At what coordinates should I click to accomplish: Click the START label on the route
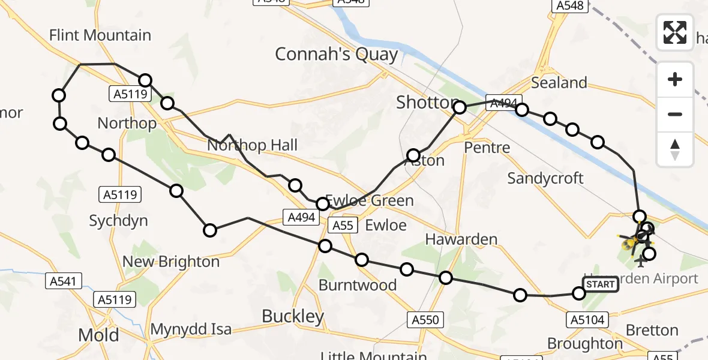coord(600,284)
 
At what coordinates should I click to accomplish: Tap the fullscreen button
coord(675,32)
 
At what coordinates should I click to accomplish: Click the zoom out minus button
coord(675,114)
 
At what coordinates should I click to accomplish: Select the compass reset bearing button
coord(675,149)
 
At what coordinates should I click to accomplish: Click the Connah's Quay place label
coord(336,55)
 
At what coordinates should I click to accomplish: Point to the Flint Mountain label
coord(100,35)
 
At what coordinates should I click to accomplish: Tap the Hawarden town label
coord(461,239)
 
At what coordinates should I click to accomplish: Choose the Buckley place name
coord(293,316)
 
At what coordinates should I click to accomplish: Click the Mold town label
coord(99,335)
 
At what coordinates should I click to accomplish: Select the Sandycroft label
coord(545,178)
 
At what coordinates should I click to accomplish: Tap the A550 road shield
coord(425,320)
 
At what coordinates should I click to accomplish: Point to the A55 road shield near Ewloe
coord(343,225)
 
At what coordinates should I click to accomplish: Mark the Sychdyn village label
coord(118,221)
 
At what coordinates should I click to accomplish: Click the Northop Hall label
coord(252,145)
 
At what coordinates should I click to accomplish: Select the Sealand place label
coord(559,82)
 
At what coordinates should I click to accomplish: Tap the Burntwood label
coord(358,284)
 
